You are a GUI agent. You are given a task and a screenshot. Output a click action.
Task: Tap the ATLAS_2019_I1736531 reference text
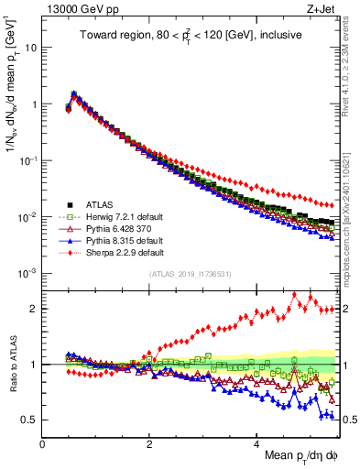tap(190, 274)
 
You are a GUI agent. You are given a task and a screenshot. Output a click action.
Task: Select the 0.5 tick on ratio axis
tap(30, 420)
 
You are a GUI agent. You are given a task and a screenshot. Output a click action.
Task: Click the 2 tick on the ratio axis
tap(34, 309)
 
